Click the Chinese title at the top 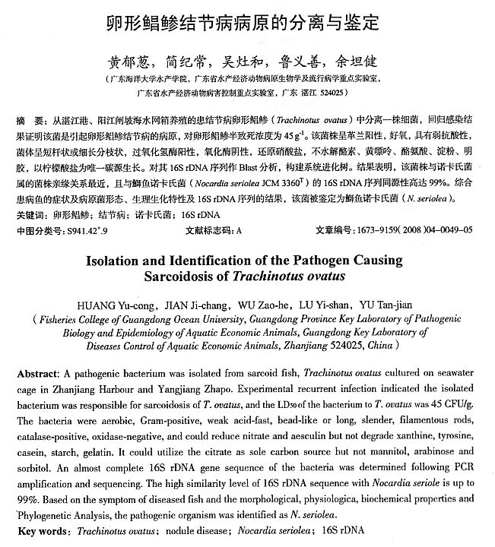(246, 24)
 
